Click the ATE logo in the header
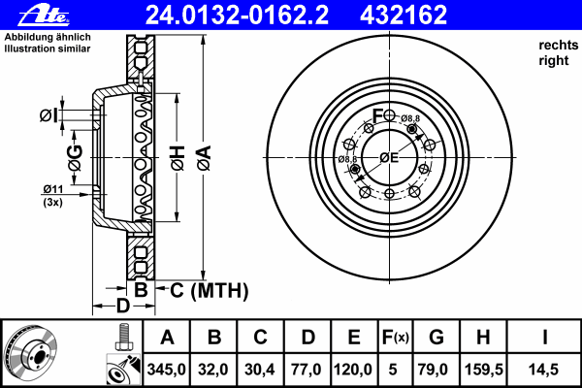(x=45, y=16)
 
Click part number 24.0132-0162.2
(x=238, y=16)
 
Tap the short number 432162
(x=404, y=16)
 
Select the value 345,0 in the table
(x=166, y=370)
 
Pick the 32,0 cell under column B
(x=213, y=370)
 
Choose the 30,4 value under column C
(x=260, y=370)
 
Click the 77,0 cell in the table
(x=307, y=370)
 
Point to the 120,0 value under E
(x=353, y=370)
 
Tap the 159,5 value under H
(x=484, y=370)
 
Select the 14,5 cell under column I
(x=543, y=370)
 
